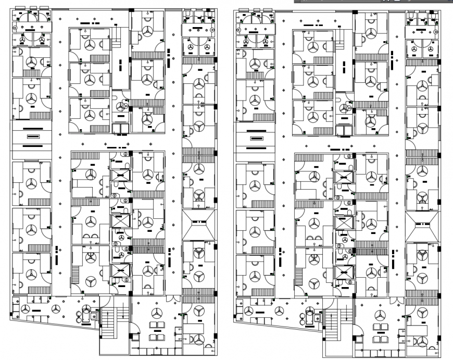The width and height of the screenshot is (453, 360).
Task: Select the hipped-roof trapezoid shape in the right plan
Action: (422, 227)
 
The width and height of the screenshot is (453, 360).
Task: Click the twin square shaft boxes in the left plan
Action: (120, 129)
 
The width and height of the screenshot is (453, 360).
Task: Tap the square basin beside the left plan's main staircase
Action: (94, 315)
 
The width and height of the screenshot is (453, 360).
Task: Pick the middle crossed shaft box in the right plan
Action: (344, 222)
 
